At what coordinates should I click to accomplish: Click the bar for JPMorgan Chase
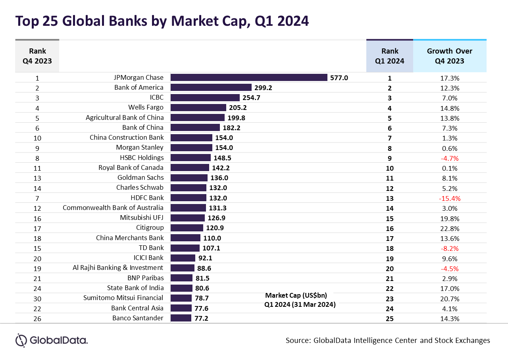click(249, 78)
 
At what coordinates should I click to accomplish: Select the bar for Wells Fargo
click(198, 108)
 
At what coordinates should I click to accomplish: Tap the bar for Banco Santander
click(181, 318)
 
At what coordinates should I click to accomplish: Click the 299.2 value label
click(264, 88)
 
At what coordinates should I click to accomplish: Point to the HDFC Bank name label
click(147, 198)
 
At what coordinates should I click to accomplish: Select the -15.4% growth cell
click(450, 198)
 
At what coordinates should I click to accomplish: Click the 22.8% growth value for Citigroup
click(450, 228)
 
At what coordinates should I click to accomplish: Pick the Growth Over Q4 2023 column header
click(450, 56)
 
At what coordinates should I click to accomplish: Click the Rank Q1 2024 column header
click(390, 56)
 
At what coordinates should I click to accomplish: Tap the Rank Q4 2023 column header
click(37, 56)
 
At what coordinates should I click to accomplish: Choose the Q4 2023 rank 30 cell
click(37, 298)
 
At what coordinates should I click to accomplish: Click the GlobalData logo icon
click(21, 340)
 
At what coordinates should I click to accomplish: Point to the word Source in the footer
click(298, 341)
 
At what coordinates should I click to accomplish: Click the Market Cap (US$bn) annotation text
click(296, 295)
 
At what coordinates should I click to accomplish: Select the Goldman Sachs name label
click(140, 177)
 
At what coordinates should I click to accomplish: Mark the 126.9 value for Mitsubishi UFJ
click(217, 218)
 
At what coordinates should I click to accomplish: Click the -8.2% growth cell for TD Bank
click(450, 248)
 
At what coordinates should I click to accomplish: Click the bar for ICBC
click(205, 98)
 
